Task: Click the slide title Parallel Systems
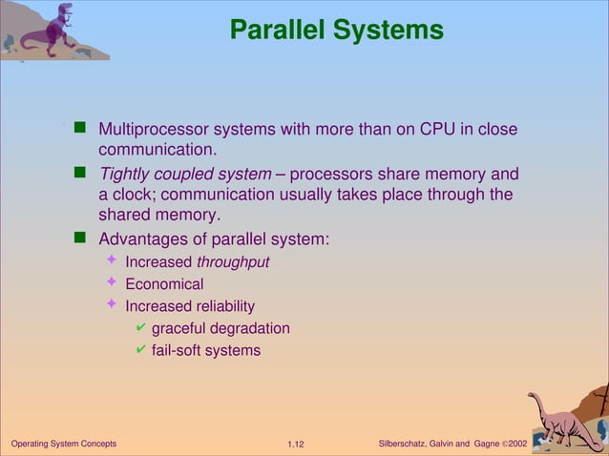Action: click(x=336, y=31)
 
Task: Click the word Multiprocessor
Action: click(x=153, y=129)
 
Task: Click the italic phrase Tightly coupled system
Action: click(x=185, y=175)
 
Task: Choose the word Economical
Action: click(x=164, y=284)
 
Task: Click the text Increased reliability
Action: click(x=190, y=306)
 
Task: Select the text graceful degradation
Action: click(x=220, y=328)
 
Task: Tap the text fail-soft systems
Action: click(x=205, y=350)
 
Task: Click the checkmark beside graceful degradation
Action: click(x=140, y=328)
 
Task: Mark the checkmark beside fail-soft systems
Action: click(x=140, y=350)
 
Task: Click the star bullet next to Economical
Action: click(x=112, y=283)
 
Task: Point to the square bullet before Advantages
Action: click(x=81, y=238)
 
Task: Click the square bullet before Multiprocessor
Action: click(x=81, y=128)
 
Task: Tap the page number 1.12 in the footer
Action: click(x=295, y=445)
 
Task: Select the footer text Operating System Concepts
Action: click(x=63, y=445)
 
